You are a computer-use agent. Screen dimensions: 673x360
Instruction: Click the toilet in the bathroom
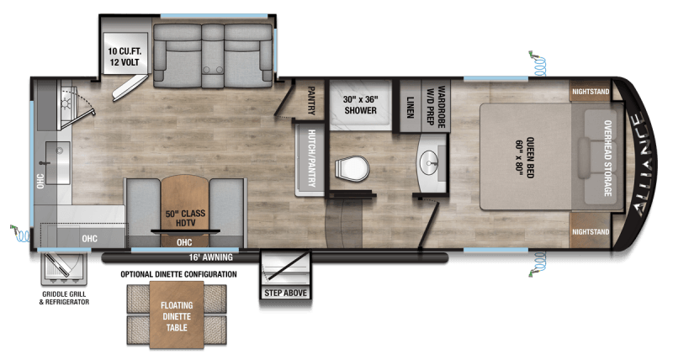[x=351, y=169]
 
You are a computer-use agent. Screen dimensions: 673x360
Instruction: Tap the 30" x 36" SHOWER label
[x=361, y=104]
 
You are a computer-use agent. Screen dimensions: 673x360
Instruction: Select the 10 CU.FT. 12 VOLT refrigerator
[x=125, y=54]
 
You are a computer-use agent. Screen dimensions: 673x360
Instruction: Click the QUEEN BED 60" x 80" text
[x=524, y=156]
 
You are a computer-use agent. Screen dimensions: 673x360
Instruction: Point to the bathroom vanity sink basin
[x=431, y=162]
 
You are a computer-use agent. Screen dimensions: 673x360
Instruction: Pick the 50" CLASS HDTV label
[x=185, y=218]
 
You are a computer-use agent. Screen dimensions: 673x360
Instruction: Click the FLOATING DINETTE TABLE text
[x=177, y=316]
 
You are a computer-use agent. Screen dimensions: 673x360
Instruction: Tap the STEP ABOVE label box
[x=285, y=293]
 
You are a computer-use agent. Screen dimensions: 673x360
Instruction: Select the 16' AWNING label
[x=211, y=257]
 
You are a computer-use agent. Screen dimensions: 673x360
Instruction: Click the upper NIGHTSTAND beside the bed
[x=591, y=92]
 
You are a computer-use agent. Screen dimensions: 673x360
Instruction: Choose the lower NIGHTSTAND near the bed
[x=591, y=231]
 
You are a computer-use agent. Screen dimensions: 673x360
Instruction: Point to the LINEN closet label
[x=411, y=107]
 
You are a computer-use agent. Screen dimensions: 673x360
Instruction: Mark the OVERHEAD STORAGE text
[x=607, y=158]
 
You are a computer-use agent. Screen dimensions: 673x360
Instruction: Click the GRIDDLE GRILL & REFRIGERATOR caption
[x=65, y=298]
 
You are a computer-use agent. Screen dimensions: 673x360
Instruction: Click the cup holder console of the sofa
[x=213, y=69]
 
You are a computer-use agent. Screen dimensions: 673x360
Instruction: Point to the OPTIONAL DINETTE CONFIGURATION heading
[x=178, y=274]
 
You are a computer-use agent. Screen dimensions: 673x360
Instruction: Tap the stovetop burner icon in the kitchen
[x=66, y=103]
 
